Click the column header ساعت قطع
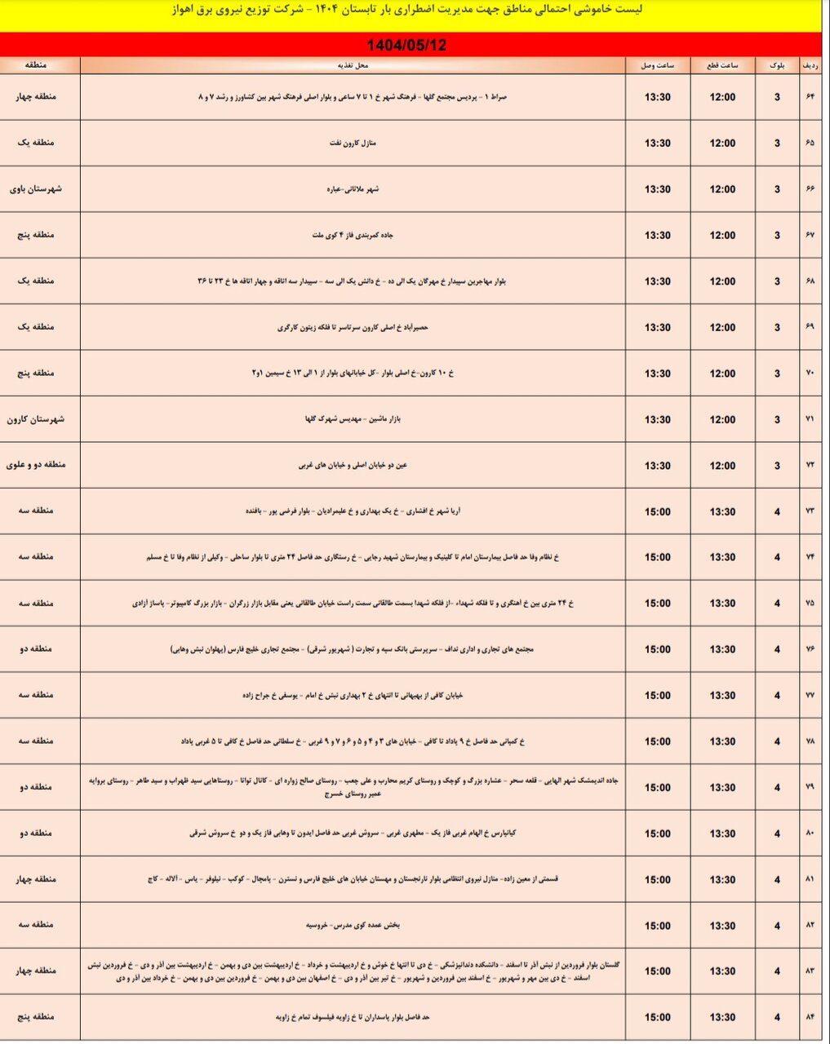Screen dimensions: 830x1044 (x=722, y=65)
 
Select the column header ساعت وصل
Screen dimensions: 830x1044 (x=657, y=65)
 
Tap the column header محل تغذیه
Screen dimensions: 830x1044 (x=353, y=65)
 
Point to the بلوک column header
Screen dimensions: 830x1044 (x=777, y=65)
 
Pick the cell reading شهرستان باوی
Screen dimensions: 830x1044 (x=36, y=189)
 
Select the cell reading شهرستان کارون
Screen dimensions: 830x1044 (x=36, y=419)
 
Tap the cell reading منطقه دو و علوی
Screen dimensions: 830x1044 (x=36, y=466)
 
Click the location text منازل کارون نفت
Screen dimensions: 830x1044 (x=353, y=144)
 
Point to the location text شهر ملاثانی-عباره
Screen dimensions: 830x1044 (x=353, y=189)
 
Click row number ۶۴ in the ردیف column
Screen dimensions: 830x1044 (x=810, y=97)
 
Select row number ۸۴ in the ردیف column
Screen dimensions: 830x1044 (x=810, y=1017)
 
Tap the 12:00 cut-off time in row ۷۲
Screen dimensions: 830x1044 (x=722, y=466)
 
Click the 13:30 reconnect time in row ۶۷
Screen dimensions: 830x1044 (x=657, y=236)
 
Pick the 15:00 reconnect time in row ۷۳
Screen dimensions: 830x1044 (x=657, y=511)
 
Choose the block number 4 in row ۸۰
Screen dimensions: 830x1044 (x=777, y=834)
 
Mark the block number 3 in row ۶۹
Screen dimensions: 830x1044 (x=777, y=328)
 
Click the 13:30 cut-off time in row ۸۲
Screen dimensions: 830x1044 (x=722, y=926)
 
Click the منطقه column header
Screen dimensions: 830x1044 (x=36, y=65)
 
